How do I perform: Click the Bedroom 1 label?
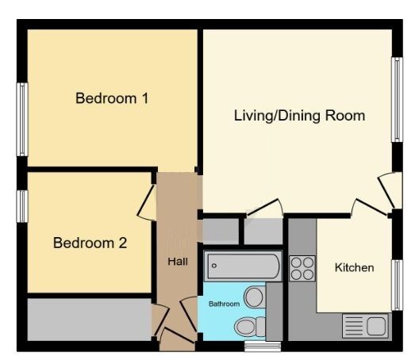(112, 98)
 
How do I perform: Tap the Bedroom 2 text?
(90, 243)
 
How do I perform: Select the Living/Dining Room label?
(299, 116)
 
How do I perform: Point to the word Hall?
(178, 262)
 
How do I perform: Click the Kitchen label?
(355, 267)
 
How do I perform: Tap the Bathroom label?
(224, 304)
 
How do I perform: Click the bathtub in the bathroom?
(243, 266)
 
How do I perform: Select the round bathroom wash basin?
(254, 297)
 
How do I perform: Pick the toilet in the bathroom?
(250, 327)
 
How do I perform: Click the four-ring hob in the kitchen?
(302, 269)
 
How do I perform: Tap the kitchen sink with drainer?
(365, 326)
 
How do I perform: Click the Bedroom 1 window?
(22, 120)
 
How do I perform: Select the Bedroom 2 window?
(22, 206)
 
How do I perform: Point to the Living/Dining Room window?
(397, 100)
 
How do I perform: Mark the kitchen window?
(397, 285)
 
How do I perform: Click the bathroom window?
(263, 347)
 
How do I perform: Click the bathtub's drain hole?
(214, 266)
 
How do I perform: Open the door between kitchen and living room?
(370, 207)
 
